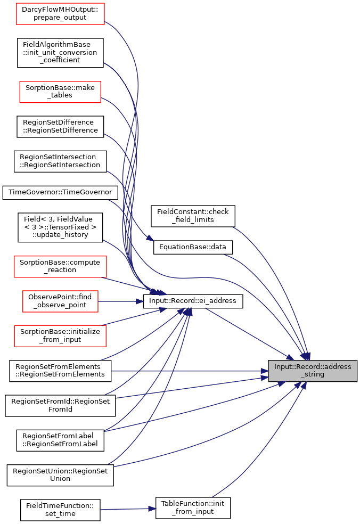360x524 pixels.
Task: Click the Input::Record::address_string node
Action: [x=313, y=371]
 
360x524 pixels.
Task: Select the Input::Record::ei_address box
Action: [x=193, y=301]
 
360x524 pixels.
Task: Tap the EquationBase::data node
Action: [x=193, y=247]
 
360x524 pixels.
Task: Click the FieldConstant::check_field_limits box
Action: [x=193, y=216]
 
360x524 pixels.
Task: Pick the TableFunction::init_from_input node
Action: [x=193, y=508]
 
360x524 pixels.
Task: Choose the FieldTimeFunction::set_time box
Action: [x=60, y=510]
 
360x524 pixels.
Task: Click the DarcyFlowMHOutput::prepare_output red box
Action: [x=60, y=14]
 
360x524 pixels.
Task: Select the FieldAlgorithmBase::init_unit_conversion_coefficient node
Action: [x=60, y=53]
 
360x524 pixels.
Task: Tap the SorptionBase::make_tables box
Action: [x=60, y=92]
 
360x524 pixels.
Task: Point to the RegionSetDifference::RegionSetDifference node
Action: [x=60, y=127]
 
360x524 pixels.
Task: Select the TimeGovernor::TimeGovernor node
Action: [x=60, y=193]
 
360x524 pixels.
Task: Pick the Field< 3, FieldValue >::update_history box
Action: [x=60, y=227]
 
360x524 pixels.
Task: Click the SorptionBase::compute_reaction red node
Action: [x=60, y=267]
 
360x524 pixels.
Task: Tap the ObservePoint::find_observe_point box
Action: [x=60, y=301]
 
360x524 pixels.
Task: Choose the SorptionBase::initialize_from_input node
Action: [x=60, y=336]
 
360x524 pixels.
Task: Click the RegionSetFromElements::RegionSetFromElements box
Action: [x=60, y=371]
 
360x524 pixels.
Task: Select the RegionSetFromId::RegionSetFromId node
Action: [x=60, y=406]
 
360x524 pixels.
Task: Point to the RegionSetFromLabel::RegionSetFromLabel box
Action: [x=60, y=440]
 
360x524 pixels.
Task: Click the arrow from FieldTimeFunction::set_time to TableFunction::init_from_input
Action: [x=128, y=509]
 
